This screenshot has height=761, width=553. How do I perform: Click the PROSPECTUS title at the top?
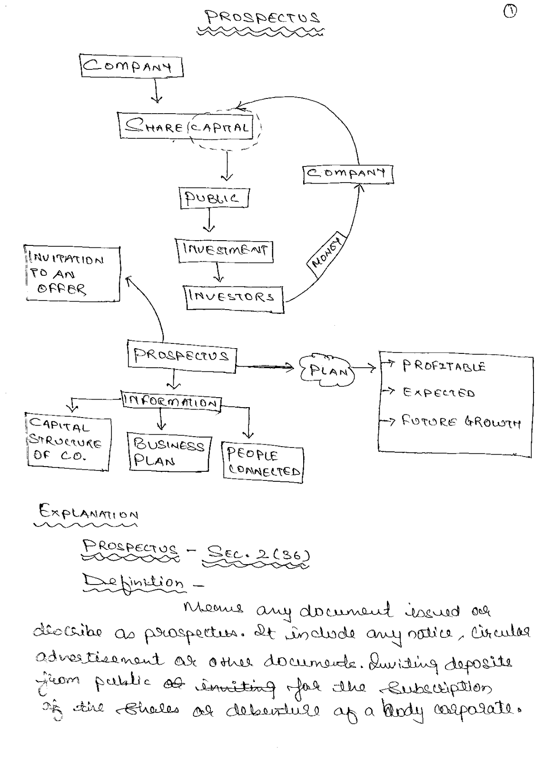point(263,18)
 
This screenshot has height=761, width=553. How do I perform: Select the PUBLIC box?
point(214,198)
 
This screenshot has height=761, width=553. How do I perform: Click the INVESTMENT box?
point(225,251)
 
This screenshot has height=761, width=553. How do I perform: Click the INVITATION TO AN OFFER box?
point(72,274)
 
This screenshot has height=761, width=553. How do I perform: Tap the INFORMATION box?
point(172,402)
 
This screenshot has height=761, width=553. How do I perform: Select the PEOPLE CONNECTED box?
point(263,462)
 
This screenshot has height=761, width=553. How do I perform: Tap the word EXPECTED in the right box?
point(439,393)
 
